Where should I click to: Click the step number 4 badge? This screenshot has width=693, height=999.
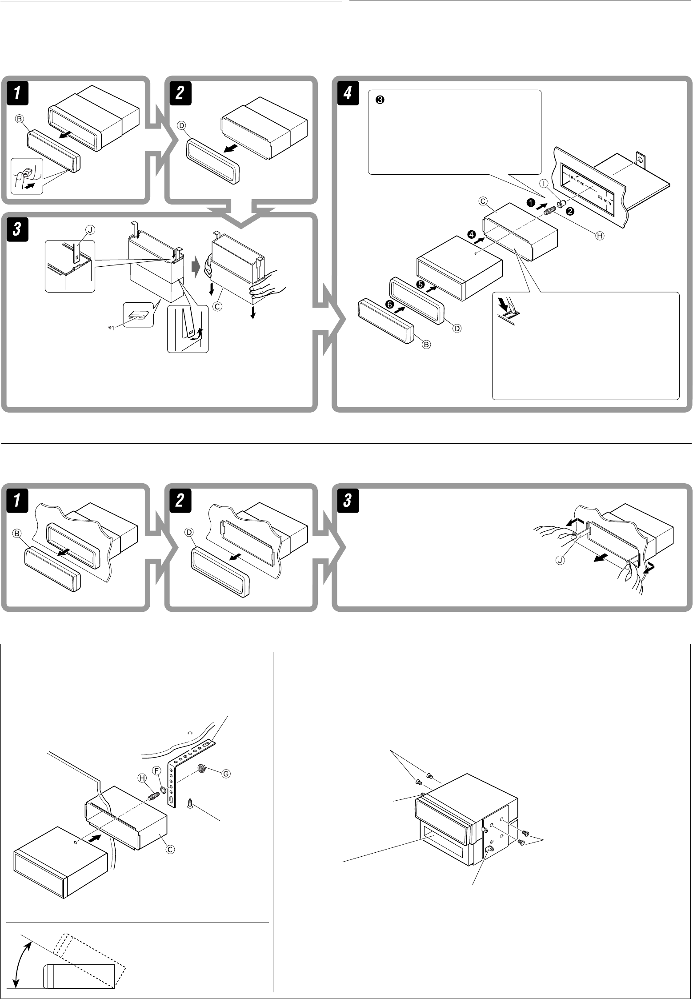pyautogui.click(x=348, y=95)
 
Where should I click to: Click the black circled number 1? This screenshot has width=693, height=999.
pyautogui.click(x=530, y=202)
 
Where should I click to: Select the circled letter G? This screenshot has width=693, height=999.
pyautogui.click(x=226, y=773)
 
